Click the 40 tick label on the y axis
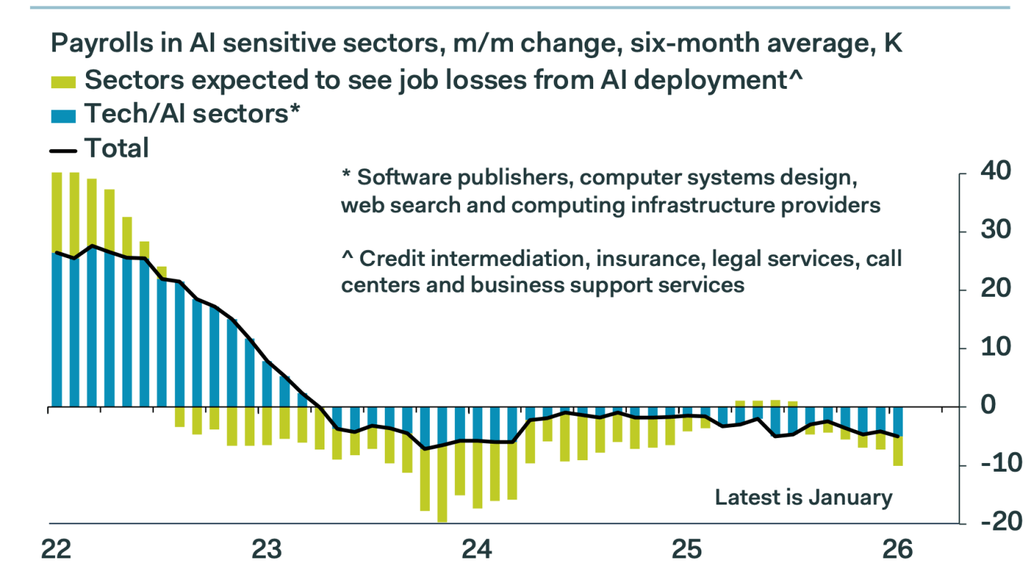pyautogui.click(x=992, y=173)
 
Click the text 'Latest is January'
pyautogui.click(x=804, y=497)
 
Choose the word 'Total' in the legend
pyautogui.click(x=117, y=149)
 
